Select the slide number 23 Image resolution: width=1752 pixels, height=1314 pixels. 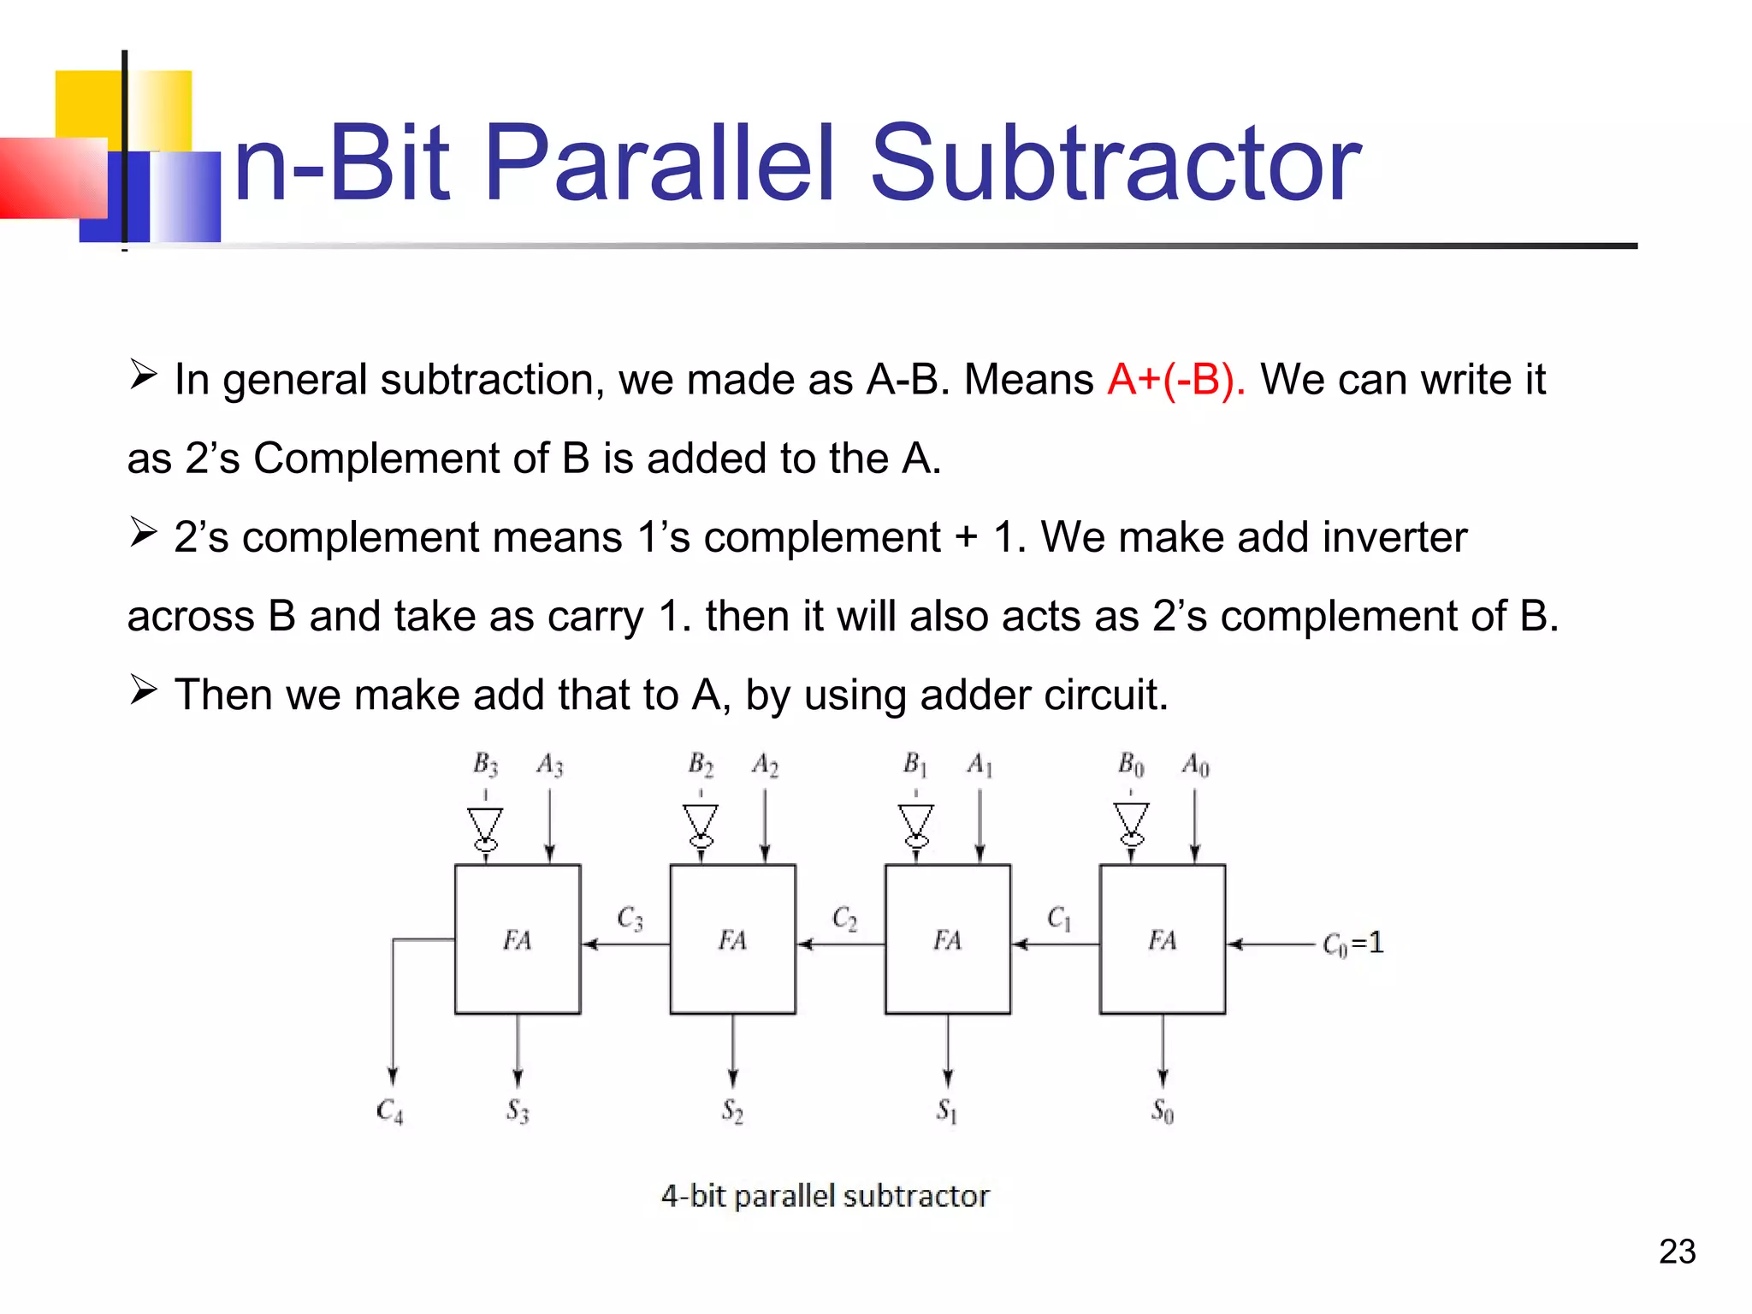pos(1677,1252)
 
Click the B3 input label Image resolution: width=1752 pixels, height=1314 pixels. pos(485,764)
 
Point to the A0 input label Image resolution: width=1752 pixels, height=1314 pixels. pos(1195,765)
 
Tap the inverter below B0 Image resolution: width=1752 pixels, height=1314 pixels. pos(1131,824)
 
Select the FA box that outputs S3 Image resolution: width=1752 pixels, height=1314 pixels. pos(518,939)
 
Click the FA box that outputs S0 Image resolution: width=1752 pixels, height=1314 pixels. pos(1163,939)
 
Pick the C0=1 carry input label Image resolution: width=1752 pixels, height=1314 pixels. pos(1352,944)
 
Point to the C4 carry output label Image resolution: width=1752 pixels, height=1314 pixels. pos(389,1111)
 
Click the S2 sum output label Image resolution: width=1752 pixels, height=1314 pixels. pos(732,1111)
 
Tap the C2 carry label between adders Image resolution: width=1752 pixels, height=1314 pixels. pos(844,919)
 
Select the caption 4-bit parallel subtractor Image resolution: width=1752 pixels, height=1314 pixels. pos(825,1195)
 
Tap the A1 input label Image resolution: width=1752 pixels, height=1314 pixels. pos(980,764)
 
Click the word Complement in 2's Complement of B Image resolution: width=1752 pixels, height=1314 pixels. pos(376,459)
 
